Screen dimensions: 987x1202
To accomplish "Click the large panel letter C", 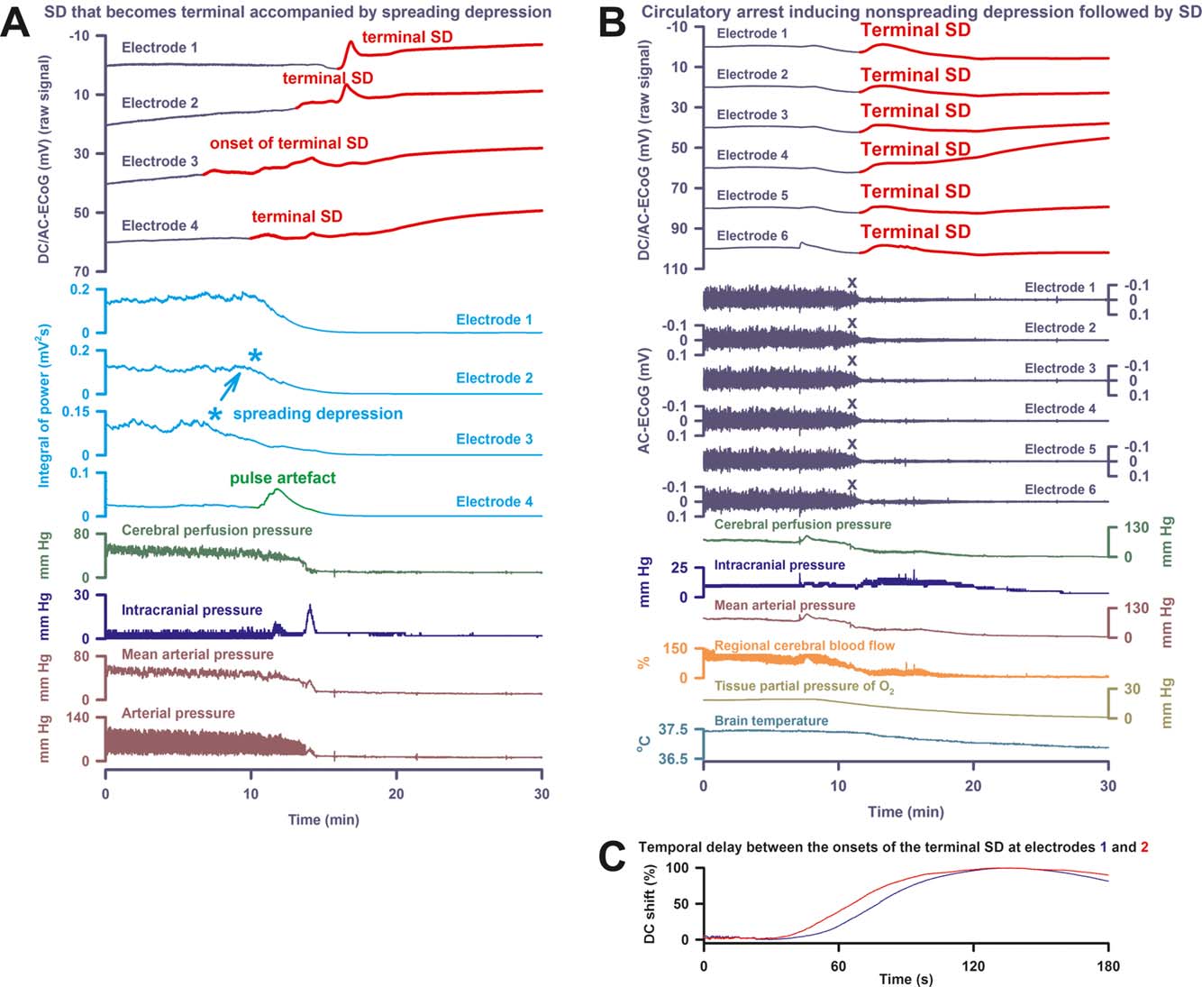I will pyautogui.click(x=612, y=857).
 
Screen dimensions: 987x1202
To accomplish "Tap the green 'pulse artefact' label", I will pyautogui.click(x=282, y=478).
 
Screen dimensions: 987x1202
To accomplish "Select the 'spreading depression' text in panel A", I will pyautogui.click(x=317, y=414).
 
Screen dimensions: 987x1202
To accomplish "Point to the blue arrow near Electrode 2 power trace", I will pyautogui.click(x=231, y=384).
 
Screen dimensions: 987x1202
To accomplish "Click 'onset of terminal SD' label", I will pyautogui.click(x=288, y=142).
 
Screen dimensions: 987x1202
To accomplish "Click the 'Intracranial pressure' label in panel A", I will pyautogui.click(x=191, y=610).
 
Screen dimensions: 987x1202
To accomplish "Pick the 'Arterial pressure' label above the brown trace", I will pyautogui.click(x=178, y=713).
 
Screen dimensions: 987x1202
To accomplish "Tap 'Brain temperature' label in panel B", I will pyautogui.click(x=770, y=720).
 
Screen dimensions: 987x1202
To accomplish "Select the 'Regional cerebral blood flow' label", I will pyautogui.click(x=804, y=645).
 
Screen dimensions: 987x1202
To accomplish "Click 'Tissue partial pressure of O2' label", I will pyautogui.click(x=804, y=687).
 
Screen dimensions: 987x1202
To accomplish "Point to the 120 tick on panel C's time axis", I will pyautogui.click(x=973, y=965).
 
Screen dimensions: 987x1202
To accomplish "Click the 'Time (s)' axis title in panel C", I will pyautogui.click(x=906, y=979).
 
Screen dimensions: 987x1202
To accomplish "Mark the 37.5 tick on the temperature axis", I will pyautogui.click(x=674, y=729).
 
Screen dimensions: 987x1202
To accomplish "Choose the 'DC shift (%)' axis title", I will pyautogui.click(x=651, y=904).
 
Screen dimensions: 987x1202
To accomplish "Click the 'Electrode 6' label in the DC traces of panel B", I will pyautogui.click(x=752, y=236).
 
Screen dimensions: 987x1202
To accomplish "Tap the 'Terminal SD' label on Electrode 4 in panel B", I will pyautogui.click(x=915, y=149).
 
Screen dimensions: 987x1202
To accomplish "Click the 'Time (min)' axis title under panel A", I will pyautogui.click(x=323, y=819).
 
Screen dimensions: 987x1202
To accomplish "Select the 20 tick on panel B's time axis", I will pyautogui.click(x=973, y=785).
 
